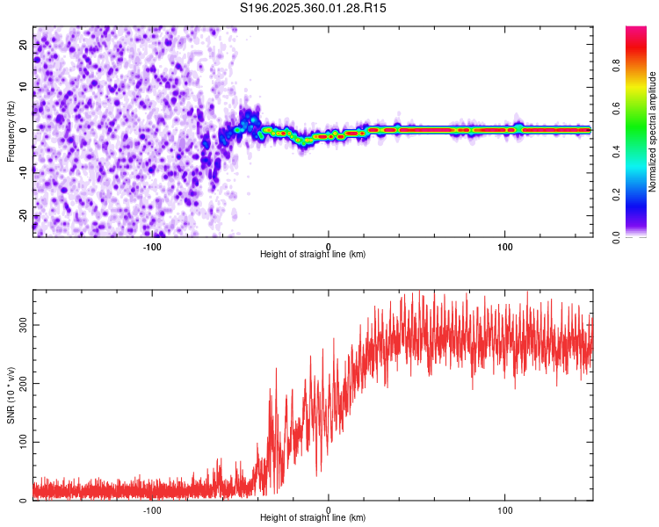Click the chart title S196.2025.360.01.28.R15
(x=314, y=8)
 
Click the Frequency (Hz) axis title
(x=11, y=130)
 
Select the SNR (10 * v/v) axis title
(x=11, y=393)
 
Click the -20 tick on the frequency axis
(x=24, y=215)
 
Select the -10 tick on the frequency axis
(x=24, y=172)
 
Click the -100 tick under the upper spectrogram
(x=153, y=246)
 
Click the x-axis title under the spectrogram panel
(x=313, y=255)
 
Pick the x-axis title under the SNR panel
(x=313, y=518)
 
